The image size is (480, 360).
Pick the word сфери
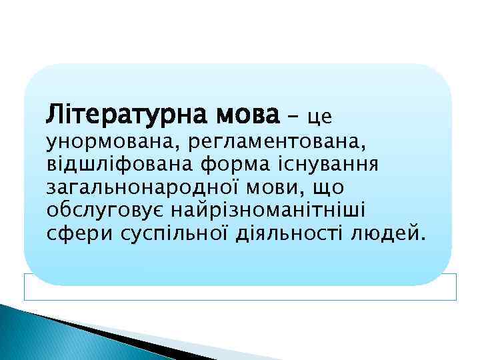tap(73, 234)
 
